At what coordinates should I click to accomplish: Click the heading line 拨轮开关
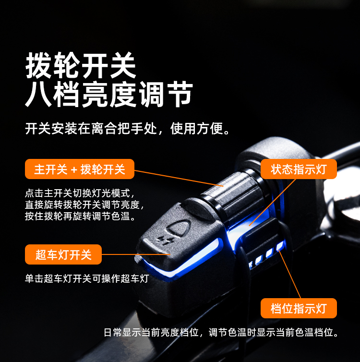(x=81, y=65)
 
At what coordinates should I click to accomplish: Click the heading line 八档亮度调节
(x=108, y=94)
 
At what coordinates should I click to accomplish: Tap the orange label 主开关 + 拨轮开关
(x=80, y=169)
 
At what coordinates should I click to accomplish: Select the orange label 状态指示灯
(x=299, y=169)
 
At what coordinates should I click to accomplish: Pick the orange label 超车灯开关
(x=63, y=254)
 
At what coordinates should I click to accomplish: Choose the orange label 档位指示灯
(x=299, y=308)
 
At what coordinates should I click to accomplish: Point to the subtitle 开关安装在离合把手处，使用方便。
(x=128, y=128)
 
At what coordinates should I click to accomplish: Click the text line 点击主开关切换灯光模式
(x=80, y=193)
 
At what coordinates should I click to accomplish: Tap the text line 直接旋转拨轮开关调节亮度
(x=84, y=205)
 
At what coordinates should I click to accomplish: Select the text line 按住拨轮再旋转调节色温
(x=80, y=217)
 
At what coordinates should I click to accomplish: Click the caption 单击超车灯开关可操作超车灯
(x=87, y=278)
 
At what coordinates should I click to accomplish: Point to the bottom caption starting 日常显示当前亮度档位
(x=221, y=332)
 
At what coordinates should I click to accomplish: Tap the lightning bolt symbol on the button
(x=165, y=241)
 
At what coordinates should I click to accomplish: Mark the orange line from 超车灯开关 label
(x=136, y=254)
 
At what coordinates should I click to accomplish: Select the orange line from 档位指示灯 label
(x=289, y=274)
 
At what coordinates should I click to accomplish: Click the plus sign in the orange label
(x=74, y=170)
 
